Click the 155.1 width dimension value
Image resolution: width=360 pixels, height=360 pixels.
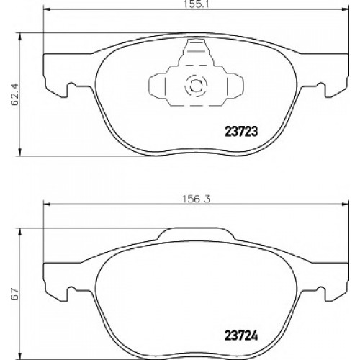pyautogui.click(x=196, y=4)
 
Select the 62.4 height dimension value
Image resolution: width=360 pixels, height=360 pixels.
pyautogui.click(x=15, y=95)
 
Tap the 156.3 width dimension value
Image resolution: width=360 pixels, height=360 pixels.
pyautogui.click(x=196, y=199)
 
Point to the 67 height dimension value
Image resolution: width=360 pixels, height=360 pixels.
pyautogui.click(x=14, y=293)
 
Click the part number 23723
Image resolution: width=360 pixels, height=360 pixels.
pyautogui.click(x=240, y=132)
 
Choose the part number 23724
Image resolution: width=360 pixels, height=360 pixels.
pyautogui.click(x=241, y=336)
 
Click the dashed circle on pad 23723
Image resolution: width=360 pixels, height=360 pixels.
pyautogui.click(x=196, y=85)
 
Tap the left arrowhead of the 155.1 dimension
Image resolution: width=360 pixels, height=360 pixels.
pyautogui.click(x=47, y=9)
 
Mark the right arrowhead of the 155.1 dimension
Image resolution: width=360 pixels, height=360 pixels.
pyautogui.click(x=345, y=9)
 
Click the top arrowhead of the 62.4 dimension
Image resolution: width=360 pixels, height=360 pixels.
pyautogui.click(x=19, y=37)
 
